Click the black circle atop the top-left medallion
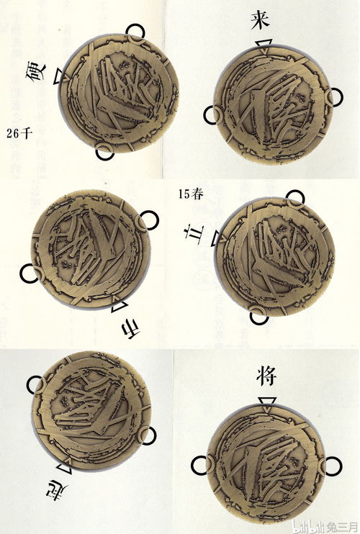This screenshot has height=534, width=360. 135,32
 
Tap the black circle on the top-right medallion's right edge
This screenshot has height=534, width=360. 333,96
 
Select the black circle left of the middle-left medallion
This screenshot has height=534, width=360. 30,273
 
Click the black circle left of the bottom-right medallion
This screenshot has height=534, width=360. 200,464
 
